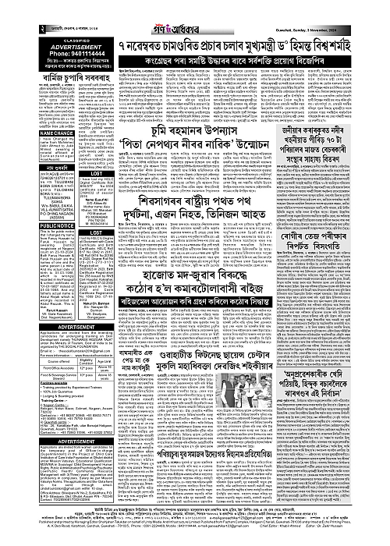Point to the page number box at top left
7,7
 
